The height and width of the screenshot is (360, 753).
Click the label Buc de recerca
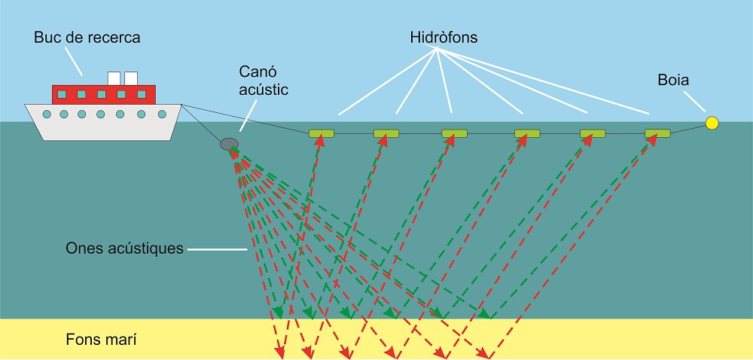coord(87,37)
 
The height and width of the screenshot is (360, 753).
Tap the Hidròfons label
coord(444,37)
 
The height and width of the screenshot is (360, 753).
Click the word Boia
coord(673,79)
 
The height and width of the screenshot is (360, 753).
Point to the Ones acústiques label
coord(124,248)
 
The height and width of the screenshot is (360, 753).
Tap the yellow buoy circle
coord(712,122)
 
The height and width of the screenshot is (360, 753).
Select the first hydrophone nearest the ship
coord(322,134)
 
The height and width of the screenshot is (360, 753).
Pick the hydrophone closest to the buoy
coord(657,133)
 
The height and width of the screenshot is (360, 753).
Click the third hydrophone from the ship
coord(455,134)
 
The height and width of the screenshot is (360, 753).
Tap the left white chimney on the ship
coord(114,78)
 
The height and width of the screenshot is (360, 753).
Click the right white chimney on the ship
coord(131,78)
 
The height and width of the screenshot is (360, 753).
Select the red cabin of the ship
coord(103,94)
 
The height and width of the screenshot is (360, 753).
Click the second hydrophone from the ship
coord(386,134)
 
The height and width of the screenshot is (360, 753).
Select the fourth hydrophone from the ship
coord(527,134)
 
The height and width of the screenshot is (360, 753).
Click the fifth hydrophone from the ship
coord(593,134)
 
